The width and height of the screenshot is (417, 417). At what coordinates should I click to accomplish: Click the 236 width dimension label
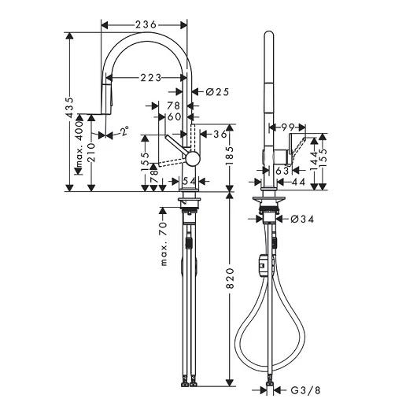tap(146, 24)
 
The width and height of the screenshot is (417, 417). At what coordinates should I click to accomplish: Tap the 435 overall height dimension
tap(70, 108)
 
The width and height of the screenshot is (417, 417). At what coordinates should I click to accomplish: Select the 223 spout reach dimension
tap(151, 78)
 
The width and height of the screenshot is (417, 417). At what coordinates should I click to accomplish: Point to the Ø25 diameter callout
tap(217, 92)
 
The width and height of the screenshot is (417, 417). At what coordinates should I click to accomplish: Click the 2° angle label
tap(124, 131)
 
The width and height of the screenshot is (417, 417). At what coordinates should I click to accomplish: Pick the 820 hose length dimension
tap(230, 279)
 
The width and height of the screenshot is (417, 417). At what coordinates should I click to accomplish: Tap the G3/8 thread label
tap(305, 390)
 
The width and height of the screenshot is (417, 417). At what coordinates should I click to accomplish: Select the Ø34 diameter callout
tap(302, 220)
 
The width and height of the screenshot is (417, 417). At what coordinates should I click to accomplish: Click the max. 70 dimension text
tap(164, 244)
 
